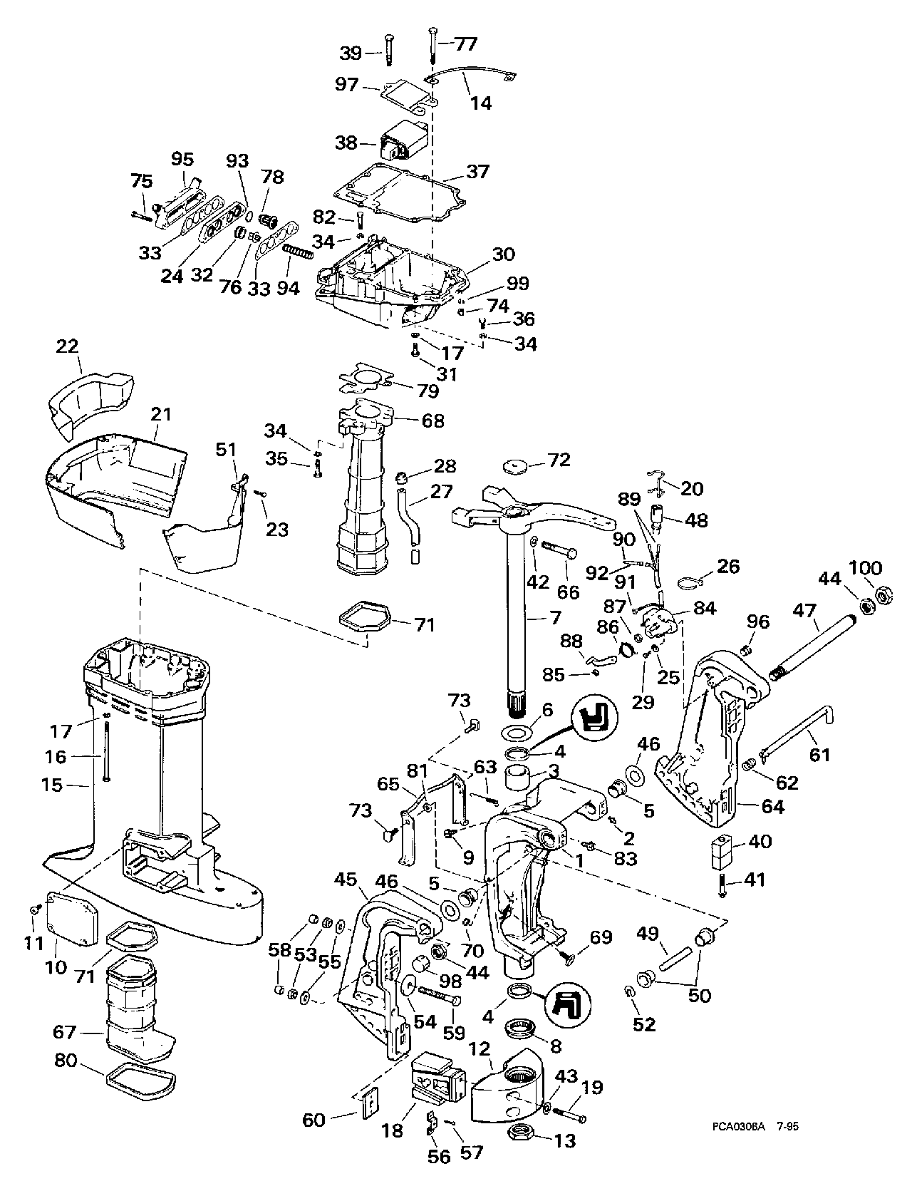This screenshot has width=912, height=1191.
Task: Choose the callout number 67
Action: (68, 1031)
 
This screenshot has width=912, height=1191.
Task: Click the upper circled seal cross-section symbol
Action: (594, 716)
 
